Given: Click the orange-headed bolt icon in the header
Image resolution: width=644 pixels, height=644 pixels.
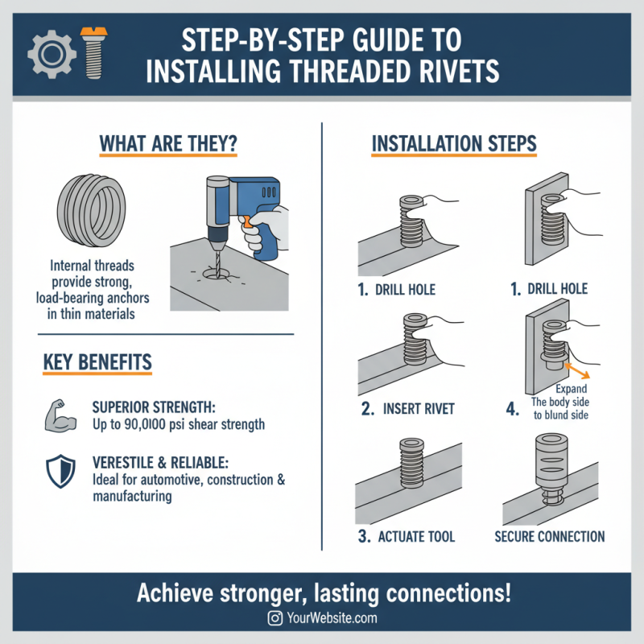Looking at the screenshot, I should [93, 54].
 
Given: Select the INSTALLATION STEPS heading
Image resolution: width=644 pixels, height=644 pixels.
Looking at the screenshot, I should [454, 143].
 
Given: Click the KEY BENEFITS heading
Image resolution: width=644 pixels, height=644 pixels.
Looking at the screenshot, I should [97, 362].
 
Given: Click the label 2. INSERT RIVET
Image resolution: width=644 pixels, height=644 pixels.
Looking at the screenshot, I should [408, 408].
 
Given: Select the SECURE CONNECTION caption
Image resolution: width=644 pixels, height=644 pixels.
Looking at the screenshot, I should [550, 536].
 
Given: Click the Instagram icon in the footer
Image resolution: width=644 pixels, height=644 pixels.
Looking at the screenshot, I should [275, 618].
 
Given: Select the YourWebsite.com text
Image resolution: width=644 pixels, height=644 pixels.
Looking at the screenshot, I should [332, 618].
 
